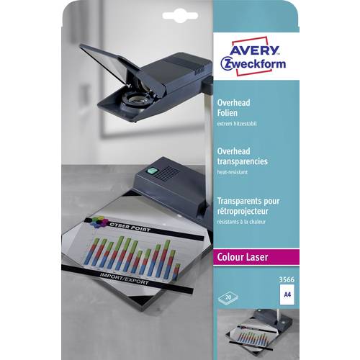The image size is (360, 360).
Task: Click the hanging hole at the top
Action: pyautogui.click(x=179, y=16)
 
